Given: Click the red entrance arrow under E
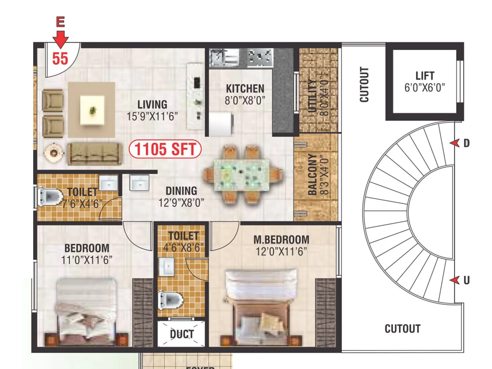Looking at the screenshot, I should [x=61, y=39].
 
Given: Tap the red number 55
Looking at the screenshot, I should [x=60, y=58].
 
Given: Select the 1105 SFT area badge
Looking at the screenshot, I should [x=165, y=149].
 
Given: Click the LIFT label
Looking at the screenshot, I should [x=425, y=76].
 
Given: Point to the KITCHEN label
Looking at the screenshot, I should [x=245, y=89].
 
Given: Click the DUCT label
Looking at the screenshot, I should [x=182, y=334].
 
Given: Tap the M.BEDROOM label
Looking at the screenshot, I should [x=281, y=240].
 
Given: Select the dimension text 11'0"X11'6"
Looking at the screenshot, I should [x=87, y=260].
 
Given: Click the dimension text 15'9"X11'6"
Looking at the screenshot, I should [x=152, y=117].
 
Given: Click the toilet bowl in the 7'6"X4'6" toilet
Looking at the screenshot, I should [x=49, y=196].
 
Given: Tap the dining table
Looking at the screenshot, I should [x=242, y=175].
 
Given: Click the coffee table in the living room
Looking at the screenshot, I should [x=92, y=110].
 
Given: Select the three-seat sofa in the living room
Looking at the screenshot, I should [x=94, y=154].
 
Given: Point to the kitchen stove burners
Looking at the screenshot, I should [x=260, y=57].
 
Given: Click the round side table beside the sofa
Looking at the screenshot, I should [x=54, y=152].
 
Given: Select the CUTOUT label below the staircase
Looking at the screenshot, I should [x=402, y=329].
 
